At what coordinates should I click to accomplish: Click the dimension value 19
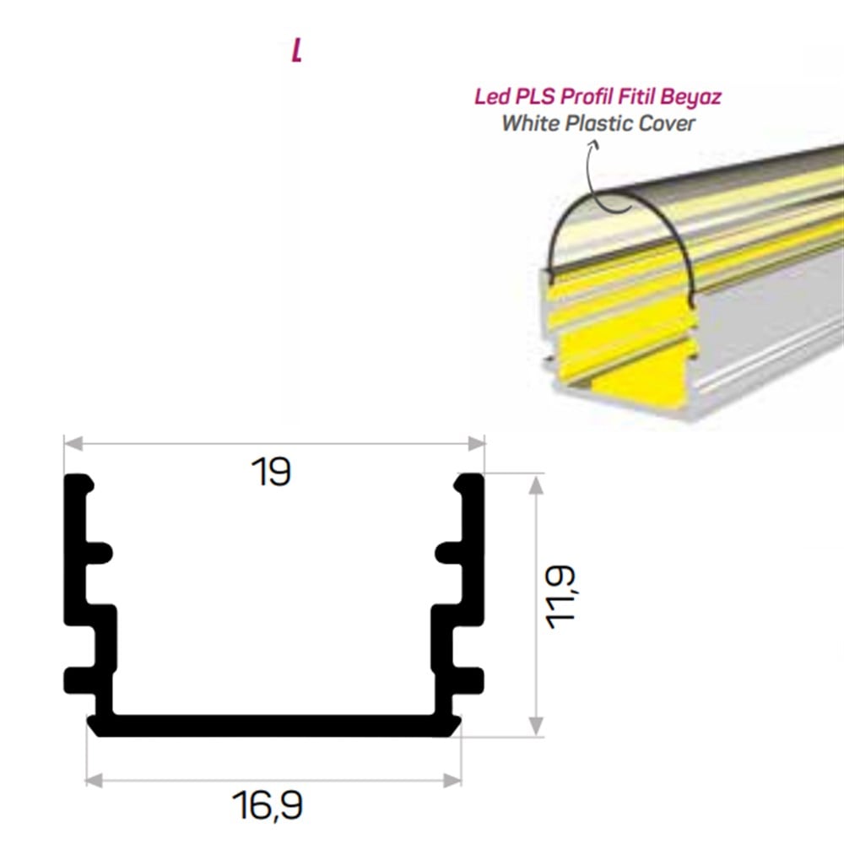[272, 472]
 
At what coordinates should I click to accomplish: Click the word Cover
[667, 123]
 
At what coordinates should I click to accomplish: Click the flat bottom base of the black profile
[274, 725]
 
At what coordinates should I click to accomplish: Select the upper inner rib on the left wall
[98, 553]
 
